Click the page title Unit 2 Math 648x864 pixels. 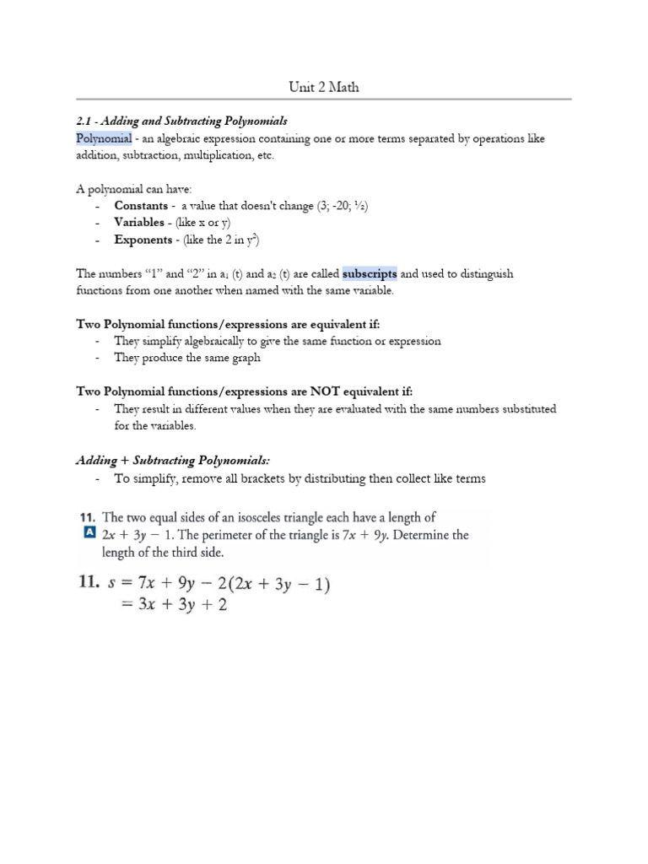coord(324,87)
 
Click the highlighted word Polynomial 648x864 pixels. coord(104,138)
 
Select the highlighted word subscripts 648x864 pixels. coord(370,273)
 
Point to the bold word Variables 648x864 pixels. coord(139,223)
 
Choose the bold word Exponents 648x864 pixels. coord(143,240)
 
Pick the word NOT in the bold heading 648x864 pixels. coord(326,391)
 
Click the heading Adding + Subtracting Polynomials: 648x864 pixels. coord(172,460)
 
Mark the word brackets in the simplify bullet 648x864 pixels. coord(245,478)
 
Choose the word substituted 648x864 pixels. coord(524,409)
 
